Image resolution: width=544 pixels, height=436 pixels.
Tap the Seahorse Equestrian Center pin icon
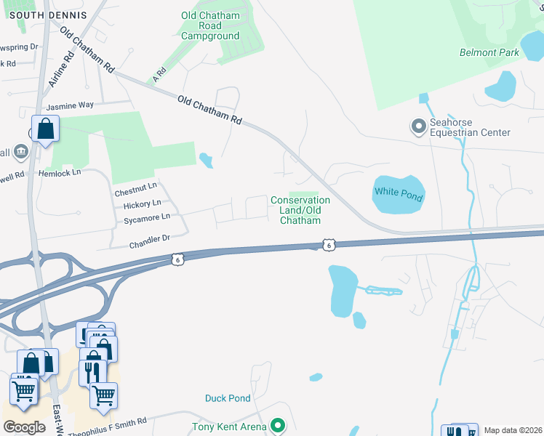click(x=418, y=127)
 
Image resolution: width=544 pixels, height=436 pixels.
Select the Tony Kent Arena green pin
click(x=277, y=426)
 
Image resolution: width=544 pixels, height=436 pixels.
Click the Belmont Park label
click(x=489, y=52)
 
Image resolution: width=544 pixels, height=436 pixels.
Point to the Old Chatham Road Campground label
click(x=210, y=25)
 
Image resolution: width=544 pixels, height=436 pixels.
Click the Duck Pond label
click(x=228, y=398)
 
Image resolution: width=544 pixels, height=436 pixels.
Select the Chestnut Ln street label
click(x=135, y=193)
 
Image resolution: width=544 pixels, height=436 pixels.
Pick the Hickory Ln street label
click(x=142, y=205)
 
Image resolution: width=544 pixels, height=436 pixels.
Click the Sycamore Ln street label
click(x=146, y=217)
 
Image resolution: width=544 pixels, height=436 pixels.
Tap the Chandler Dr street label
click(x=150, y=238)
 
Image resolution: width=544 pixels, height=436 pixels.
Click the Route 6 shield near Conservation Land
click(x=329, y=246)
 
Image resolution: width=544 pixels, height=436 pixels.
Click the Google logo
click(x=24, y=427)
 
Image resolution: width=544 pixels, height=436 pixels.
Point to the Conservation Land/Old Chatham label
click(x=300, y=210)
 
